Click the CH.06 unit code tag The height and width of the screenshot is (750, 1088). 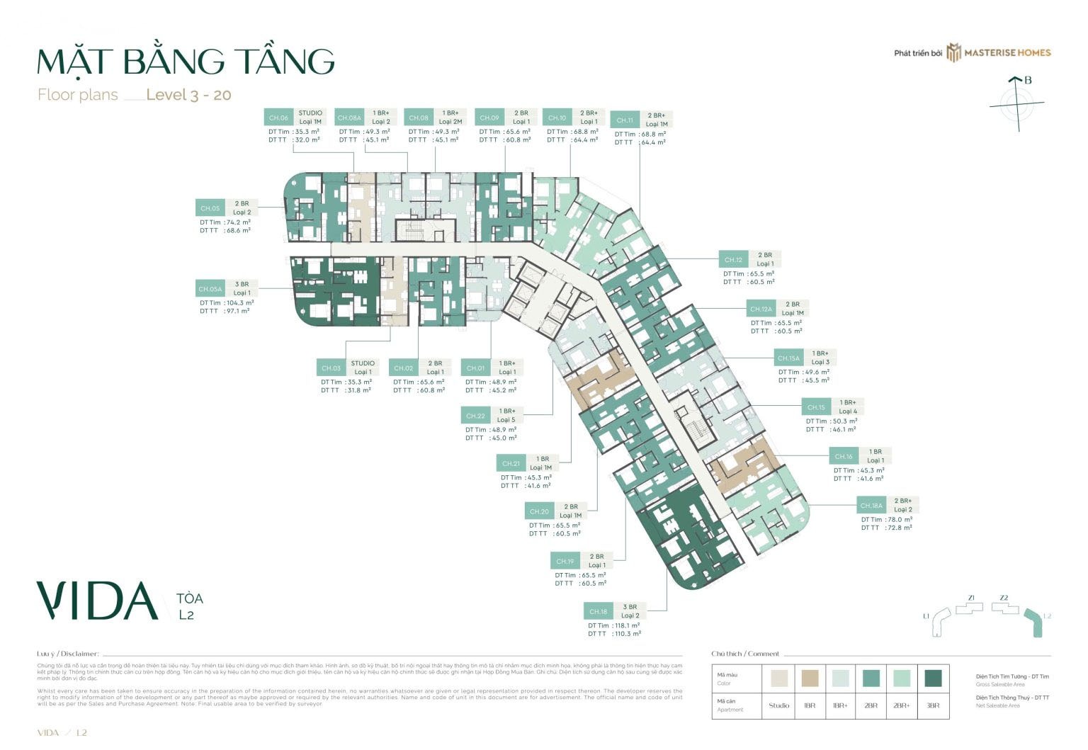(x=278, y=118)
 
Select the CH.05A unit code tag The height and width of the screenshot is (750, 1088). (x=210, y=289)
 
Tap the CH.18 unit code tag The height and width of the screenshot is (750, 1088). (x=599, y=611)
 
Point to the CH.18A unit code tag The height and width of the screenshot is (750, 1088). (x=871, y=506)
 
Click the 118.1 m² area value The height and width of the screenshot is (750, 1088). (x=626, y=626)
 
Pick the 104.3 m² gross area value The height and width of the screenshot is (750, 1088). (x=240, y=303)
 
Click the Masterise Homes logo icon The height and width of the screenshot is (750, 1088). (x=953, y=52)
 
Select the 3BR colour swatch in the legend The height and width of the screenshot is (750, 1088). (x=933, y=678)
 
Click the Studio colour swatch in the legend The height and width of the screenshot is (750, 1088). (x=778, y=678)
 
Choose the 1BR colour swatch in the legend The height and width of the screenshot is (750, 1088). (x=810, y=678)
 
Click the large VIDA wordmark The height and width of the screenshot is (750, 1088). (x=98, y=601)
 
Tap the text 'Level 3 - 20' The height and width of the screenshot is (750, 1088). (x=188, y=95)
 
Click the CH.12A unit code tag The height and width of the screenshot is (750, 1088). (x=761, y=309)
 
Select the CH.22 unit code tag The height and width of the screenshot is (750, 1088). (x=475, y=416)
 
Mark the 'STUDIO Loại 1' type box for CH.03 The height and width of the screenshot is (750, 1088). (x=363, y=368)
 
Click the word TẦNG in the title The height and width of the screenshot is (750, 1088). (x=285, y=62)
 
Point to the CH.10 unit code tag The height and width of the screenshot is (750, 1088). (x=557, y=118)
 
